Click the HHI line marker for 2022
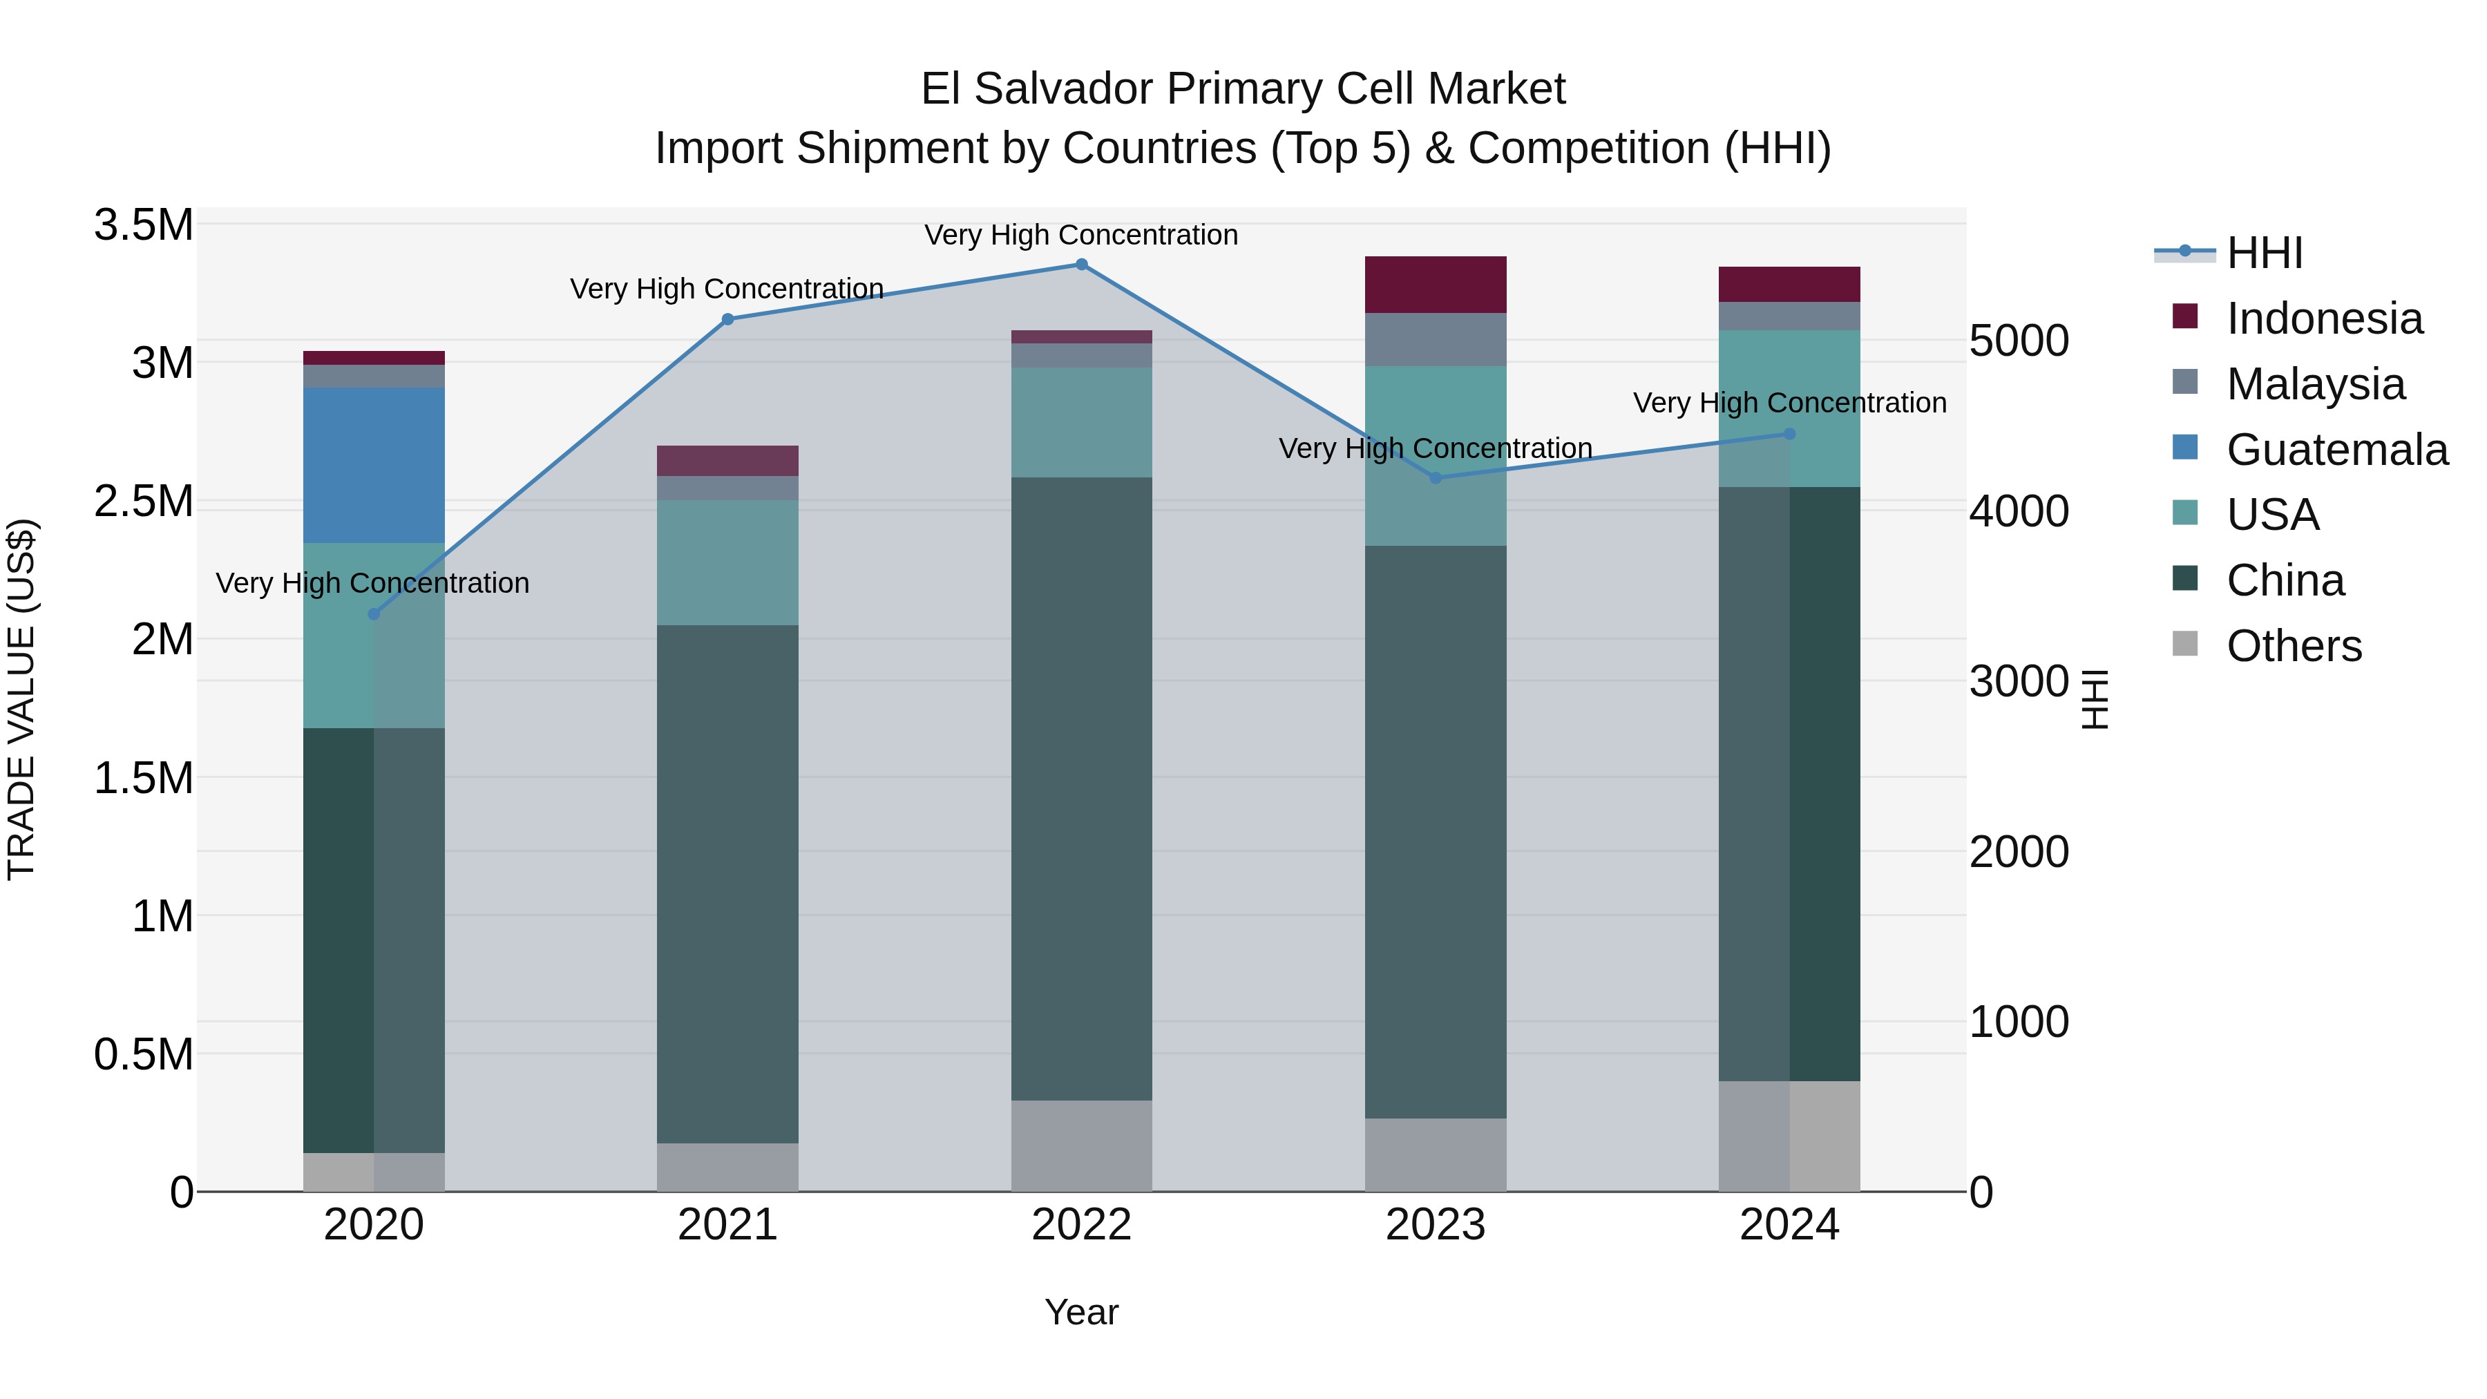(1081, 265)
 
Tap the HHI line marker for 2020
(374, 614)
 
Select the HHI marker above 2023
(1435, 478)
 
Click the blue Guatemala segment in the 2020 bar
(374, 466)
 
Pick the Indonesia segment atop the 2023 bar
(1435, 285)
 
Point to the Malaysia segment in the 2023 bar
(1435, 340)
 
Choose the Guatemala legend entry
(2336, 450)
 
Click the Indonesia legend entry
(2324, 318)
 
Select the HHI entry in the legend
(2264, 253)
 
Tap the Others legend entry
(2293, 646)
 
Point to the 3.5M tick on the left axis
(144, 225)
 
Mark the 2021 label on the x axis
(728, 1225)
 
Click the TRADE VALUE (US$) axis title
(21, 699)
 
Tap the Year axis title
(1081, 1312)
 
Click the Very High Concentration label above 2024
(1789, 403)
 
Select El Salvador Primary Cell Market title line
(1243, 89)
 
